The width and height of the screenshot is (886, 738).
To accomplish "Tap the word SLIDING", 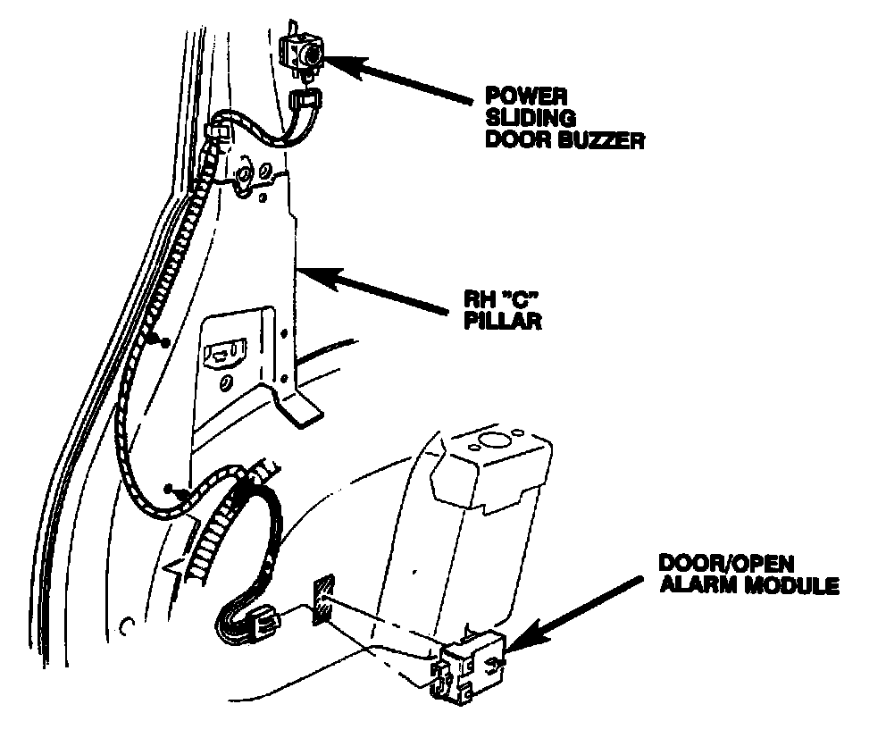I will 519,118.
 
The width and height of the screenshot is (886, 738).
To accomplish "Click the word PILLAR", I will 501,322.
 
